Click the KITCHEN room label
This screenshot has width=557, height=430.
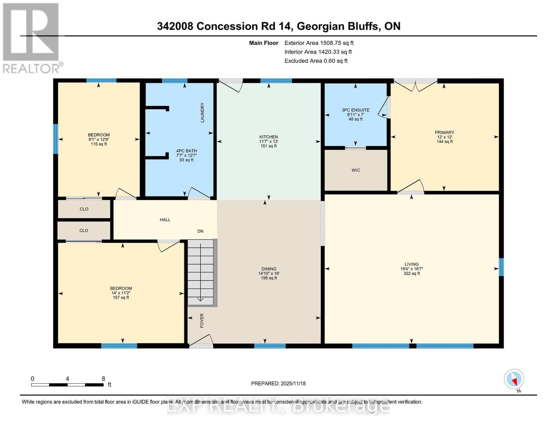[269, 137]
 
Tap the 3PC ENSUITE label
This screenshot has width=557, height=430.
[355, 110]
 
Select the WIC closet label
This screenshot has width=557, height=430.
[356, 170]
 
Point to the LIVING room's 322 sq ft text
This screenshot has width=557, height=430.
[411, 274]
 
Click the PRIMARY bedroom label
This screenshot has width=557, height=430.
[444, 133]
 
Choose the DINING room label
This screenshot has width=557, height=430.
[269, 269]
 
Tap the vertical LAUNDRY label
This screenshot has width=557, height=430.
[202, 113]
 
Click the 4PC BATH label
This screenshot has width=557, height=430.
[186, 151]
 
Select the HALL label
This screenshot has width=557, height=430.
[165, 220]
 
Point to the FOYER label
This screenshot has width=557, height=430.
[202, 320]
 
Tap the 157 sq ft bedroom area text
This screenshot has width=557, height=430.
[121, 297]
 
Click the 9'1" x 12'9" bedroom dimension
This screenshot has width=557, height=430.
[99, 140]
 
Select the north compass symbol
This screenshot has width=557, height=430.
[514, 379]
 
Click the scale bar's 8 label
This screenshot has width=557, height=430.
[103, 379]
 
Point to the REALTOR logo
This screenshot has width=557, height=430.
[32, 38]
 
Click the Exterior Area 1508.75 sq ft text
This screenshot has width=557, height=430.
[319, 43]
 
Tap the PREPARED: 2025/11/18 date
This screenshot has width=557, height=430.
[278, 383]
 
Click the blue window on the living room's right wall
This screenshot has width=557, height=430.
[501, 267]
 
